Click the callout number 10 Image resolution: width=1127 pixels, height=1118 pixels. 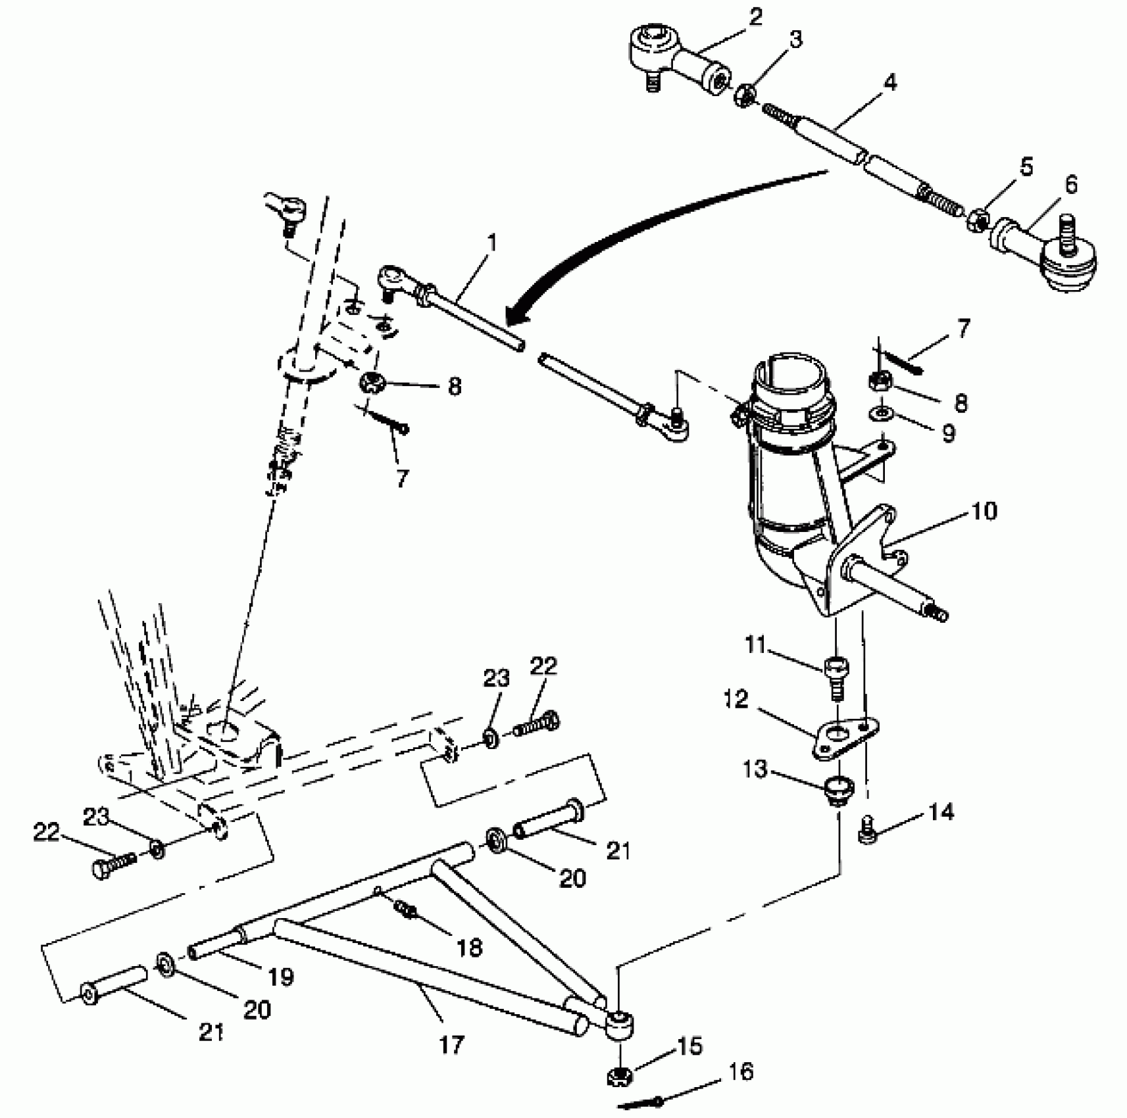[984, 511]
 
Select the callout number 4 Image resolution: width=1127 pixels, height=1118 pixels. [889, 83]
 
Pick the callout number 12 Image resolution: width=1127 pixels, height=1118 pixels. [736, 699]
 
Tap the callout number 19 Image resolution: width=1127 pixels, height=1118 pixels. [281, 977]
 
